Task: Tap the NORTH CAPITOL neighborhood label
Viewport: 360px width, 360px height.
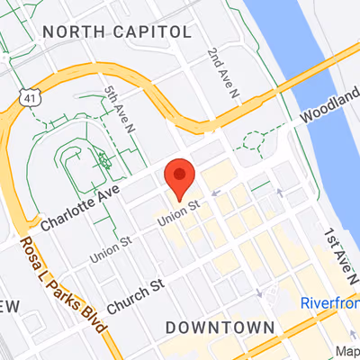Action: (118, 32)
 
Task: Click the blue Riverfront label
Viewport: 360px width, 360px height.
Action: (329, 302)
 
